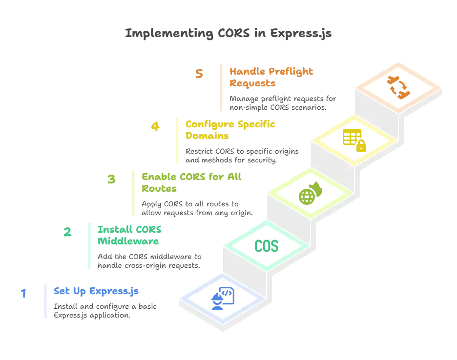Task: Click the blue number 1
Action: coord(23,294)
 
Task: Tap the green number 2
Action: coord(68,232)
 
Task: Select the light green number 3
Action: coord(111,180)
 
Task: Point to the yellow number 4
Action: coord(155,127)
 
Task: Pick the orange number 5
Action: coord(199,75)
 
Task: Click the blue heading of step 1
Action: coord(96,292)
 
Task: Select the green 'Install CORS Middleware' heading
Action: coord(129,235)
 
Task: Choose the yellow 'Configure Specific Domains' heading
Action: coord(229,130)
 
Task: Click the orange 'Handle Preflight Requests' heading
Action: coord(271,77)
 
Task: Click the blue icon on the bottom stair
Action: coord(223,299)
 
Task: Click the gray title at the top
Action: coord(228,33)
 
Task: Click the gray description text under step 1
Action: coord(105,311)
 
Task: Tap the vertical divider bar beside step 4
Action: coord(174,140)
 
